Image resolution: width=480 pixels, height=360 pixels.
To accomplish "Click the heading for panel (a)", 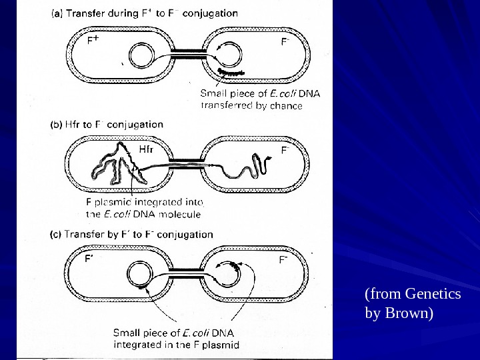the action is [x=145, y=13].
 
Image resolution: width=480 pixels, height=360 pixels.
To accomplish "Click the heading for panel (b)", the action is [x=107, y=124].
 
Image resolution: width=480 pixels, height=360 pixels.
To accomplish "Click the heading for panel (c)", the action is [x=132, y=234].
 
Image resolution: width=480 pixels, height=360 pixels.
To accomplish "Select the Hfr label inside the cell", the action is [x=146, y=149].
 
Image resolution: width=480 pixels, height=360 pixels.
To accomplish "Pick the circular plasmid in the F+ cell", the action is [x=142, y=56].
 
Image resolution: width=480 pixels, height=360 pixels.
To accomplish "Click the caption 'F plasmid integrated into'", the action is [x=145, y=202].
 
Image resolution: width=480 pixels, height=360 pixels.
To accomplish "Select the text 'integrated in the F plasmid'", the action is [x=176, y=345].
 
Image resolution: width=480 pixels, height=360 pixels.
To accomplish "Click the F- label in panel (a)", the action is [x=284, y=41].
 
